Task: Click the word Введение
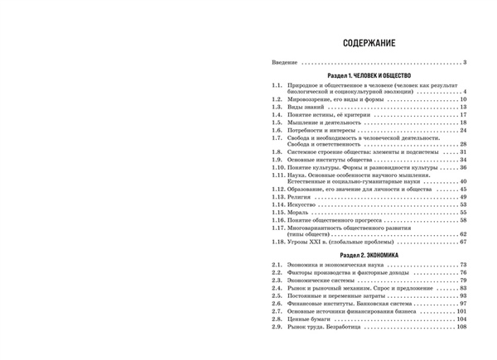coord(285,63)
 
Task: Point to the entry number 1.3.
coord(277,107)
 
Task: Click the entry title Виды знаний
coord(306,107)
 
